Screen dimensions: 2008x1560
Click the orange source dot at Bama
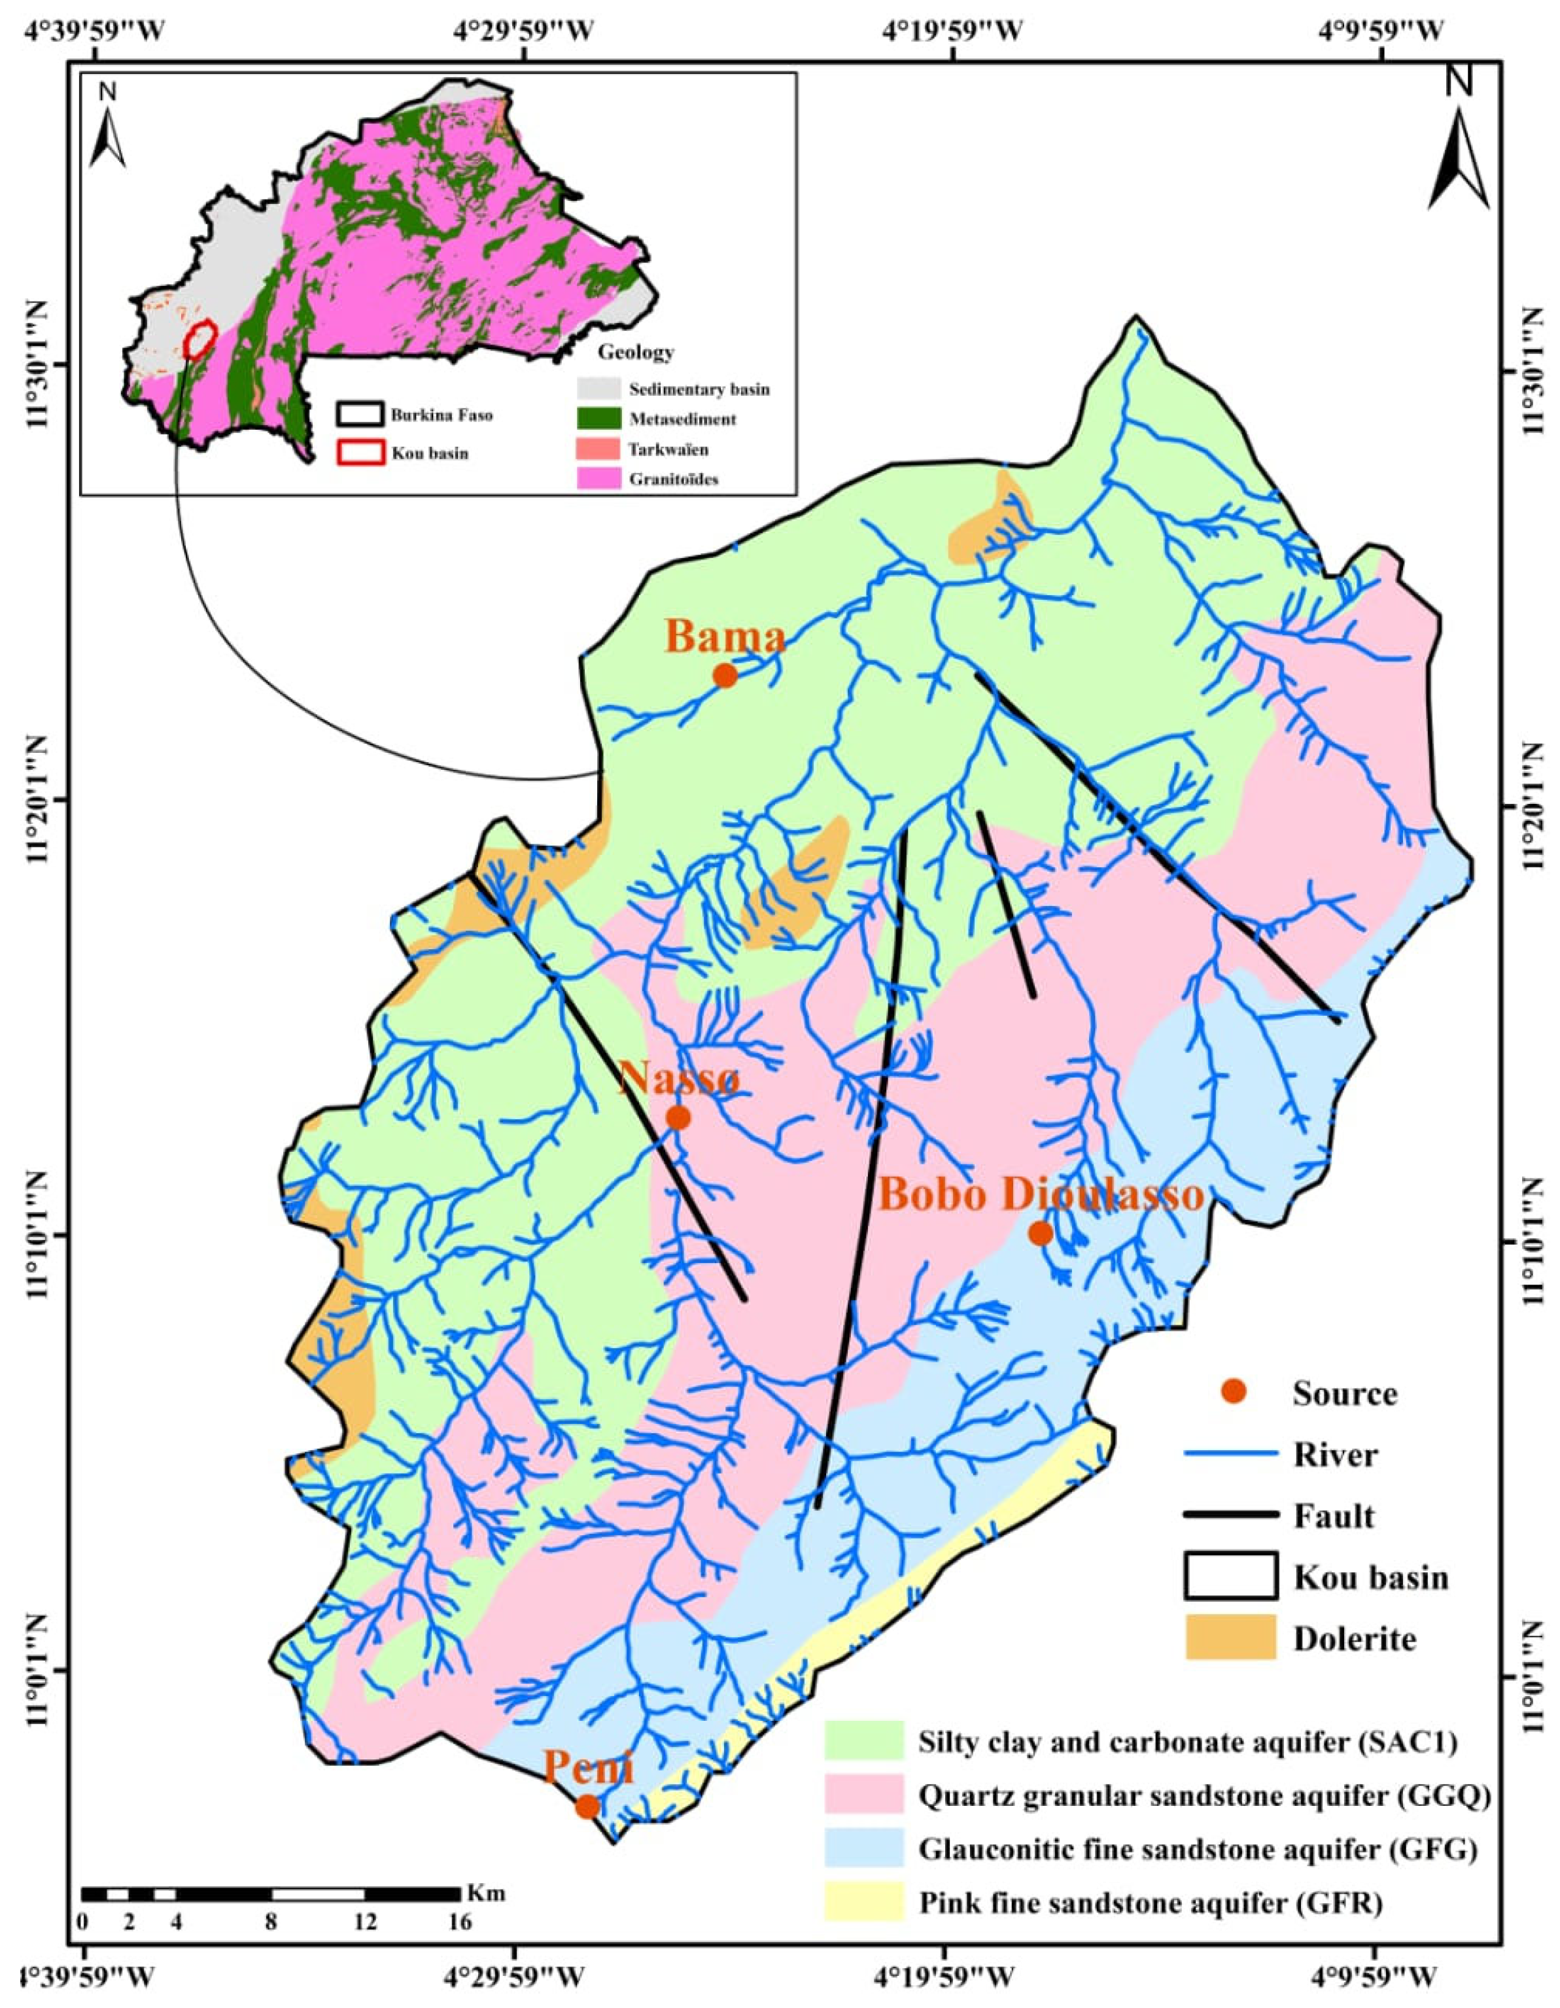coord(725,676)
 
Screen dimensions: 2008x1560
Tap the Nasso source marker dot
coord(678,1118)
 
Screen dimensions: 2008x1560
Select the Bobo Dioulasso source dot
coord(1040,1234)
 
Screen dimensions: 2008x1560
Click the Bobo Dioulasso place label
coord(1041,1195)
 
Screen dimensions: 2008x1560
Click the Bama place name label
coord(726,636)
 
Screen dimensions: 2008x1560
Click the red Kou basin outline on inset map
coord(199,338)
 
